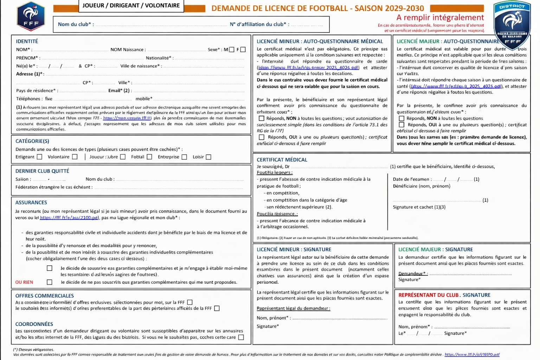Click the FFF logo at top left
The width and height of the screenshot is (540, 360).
point(31,16)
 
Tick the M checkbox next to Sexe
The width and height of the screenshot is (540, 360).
point(231,50)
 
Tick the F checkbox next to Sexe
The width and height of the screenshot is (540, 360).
point(243,50)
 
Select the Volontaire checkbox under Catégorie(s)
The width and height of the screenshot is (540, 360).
point(75,157)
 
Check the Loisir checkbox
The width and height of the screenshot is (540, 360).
point(208,157)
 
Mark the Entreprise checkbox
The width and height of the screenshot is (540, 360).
point(184,157)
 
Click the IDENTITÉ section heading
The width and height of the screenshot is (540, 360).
point(27,41)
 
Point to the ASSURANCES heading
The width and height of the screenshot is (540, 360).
point(31,202)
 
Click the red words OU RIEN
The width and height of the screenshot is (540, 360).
point(24,282)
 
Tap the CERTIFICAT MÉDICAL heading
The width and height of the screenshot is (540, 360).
point(282,160)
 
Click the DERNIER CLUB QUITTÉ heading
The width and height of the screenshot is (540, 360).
point(42,171)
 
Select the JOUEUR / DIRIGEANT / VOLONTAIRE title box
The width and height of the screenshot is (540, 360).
point(131,6)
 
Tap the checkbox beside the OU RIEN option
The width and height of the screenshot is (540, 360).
point(50,282)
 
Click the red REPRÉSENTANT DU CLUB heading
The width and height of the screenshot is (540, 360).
point(444,295)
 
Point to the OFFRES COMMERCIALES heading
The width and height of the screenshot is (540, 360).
point(45,296)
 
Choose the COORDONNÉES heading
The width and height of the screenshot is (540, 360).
point(34,324)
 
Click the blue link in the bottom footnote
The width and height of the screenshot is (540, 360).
point(472,354)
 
